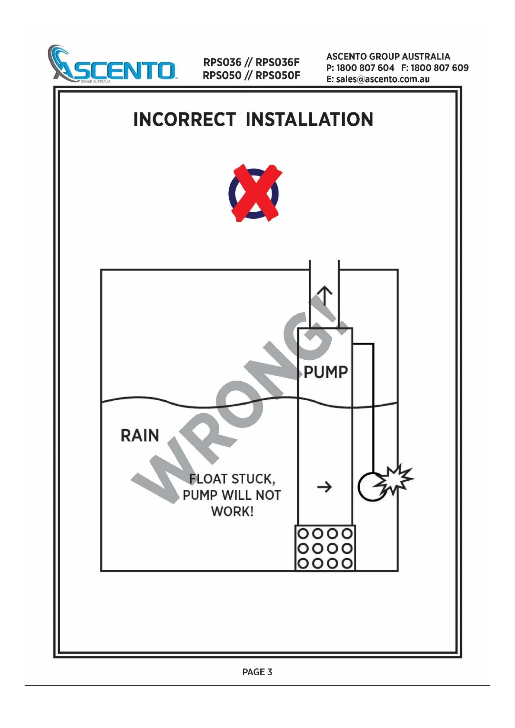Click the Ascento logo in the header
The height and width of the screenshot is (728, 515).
112,65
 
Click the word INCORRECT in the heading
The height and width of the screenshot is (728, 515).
184,120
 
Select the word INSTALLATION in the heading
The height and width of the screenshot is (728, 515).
309,120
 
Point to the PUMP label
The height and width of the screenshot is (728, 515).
326,372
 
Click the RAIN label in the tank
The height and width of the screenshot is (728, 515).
140,435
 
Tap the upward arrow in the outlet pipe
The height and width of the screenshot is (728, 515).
324,297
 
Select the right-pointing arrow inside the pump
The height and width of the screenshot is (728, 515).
324,487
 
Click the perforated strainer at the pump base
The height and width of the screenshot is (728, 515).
325,548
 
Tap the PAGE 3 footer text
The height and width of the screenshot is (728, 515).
257,672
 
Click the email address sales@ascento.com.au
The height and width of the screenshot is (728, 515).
383,79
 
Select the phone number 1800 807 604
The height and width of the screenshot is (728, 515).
365,68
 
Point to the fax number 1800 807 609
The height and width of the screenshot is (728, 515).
439,68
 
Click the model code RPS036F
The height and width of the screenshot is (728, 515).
278,62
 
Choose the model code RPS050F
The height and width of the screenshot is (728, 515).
278,76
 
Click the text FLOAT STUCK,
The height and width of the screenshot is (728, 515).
232,479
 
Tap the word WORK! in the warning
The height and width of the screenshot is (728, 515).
232,511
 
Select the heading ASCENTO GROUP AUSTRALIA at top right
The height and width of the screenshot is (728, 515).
388,57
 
